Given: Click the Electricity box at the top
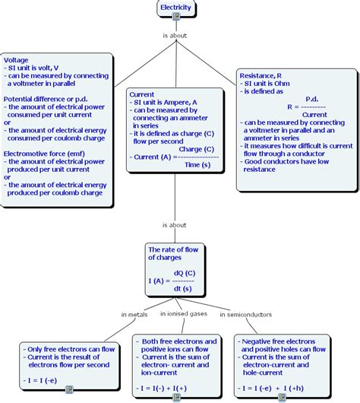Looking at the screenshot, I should pyautogui.click(x=175, y=8).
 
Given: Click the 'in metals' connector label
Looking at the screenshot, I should pyautogui.click(x=134, y=314).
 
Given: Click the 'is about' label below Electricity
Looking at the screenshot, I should pyautogui.click(x=175, y=35).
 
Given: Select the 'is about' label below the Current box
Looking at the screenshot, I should pyautogui.click(x=175, y=225).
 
